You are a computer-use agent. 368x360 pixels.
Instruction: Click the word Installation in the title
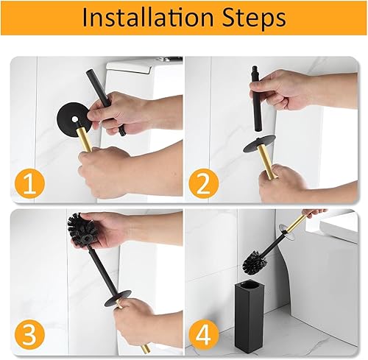(148, 18)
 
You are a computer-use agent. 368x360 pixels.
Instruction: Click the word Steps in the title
(254, 18)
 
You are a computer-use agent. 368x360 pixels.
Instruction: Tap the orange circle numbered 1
(29, 183)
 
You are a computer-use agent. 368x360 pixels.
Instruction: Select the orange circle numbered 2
(204, 183)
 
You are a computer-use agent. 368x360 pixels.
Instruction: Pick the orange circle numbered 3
(29, 334)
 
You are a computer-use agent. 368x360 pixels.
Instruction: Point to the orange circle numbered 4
(204, 335)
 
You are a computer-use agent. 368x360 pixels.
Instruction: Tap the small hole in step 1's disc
(74, 119)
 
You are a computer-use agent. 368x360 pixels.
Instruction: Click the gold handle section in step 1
(85, 139)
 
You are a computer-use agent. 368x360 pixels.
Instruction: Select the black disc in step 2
(259, 144)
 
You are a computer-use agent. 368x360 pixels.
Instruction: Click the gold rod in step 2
(266, 160)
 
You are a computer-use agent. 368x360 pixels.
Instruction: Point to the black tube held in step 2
(257, 98)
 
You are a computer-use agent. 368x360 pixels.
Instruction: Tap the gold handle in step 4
(297, 223)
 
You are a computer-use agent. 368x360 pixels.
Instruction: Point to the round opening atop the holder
(248, 285)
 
